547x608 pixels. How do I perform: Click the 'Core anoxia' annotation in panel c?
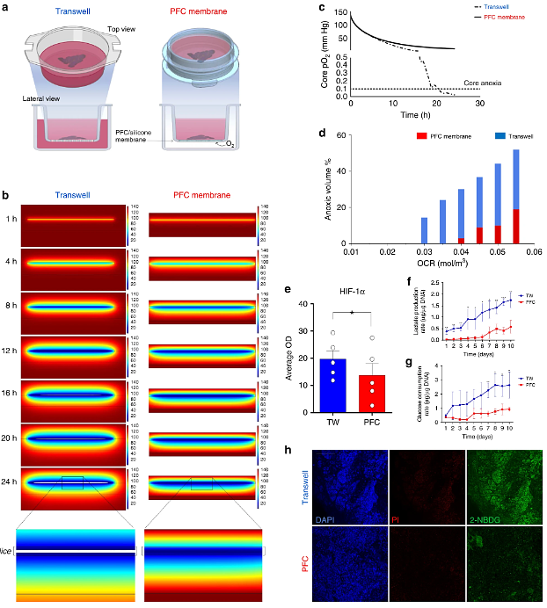(459, 83)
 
